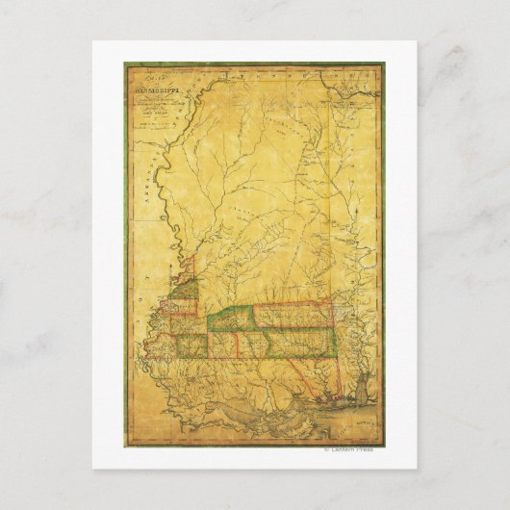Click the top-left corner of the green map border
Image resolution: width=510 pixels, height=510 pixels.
(x=125, y=64)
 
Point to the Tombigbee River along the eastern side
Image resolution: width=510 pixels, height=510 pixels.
(x=348, y=289)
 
